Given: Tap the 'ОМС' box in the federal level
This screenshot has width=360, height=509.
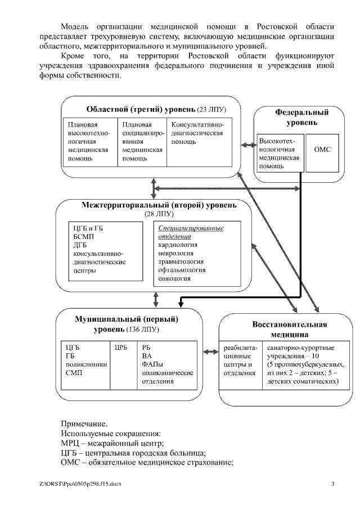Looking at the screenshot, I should tap(322, 149).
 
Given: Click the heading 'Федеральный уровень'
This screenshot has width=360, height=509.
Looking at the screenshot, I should tap(301, 117).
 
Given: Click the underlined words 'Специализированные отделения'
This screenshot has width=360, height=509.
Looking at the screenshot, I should tap(191, 232).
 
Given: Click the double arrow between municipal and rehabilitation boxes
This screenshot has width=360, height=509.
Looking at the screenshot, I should tap(209, 352).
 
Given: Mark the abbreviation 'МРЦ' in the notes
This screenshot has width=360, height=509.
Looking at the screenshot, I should tap(70, 443).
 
